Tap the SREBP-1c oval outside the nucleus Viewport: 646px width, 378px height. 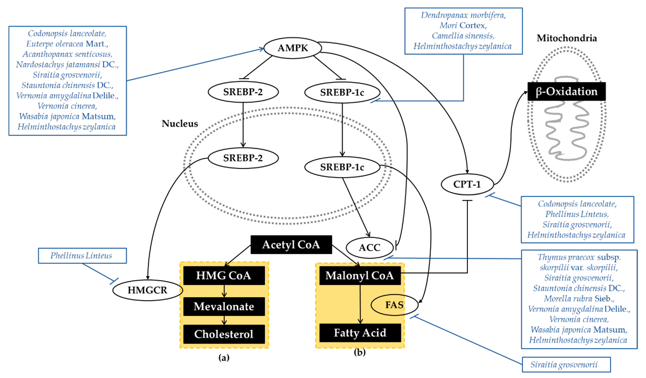(x=342, y=92)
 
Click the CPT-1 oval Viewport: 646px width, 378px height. (x=467, y=184)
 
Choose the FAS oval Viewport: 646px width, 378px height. (x=394, y=305)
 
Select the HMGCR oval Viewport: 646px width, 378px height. (x=147, y=290)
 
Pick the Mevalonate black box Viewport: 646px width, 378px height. (x=224, y=306)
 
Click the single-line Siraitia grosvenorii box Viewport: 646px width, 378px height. (x=566, y=364)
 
